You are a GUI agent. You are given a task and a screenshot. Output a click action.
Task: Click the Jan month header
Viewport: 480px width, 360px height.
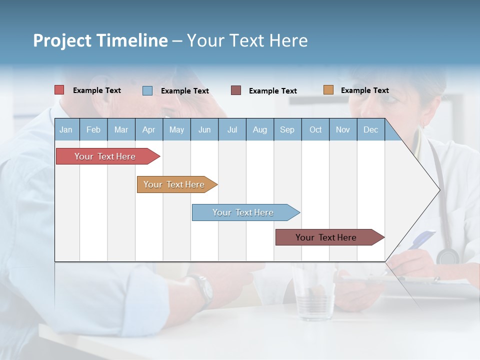(x=66, y=129)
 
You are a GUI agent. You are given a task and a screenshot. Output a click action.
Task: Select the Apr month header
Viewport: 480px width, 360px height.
(x=148, y=129)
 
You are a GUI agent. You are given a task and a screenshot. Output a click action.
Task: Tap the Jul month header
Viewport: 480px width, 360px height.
(x=232, y=129)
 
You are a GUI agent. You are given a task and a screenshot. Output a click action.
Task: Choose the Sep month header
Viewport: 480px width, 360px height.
(x=287, y=129)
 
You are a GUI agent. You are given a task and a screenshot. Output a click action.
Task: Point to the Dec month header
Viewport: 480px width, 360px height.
(x=370, y=129)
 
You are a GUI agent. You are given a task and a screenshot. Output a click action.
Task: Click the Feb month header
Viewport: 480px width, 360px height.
(x=93, y=129)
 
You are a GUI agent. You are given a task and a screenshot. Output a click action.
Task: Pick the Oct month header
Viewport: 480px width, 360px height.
(x=315, y=129)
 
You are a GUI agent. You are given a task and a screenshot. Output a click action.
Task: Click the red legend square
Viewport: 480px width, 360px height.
(x=59, y=90)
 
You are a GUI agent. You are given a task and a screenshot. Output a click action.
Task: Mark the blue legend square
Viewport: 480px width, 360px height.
(x=147, y=90)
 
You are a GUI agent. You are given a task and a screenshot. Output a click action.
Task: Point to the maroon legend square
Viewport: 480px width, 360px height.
(x=236, y=90)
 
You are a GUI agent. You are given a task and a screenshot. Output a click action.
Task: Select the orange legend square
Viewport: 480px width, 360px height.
(x=328, y=90)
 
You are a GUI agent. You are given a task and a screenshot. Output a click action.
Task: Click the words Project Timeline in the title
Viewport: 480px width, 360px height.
(x=100, y=40)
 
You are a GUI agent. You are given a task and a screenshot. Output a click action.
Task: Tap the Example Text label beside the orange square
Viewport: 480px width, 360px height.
(x=364, y=90)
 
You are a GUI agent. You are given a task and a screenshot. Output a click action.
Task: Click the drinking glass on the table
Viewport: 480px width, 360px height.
(x=313, y=295)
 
